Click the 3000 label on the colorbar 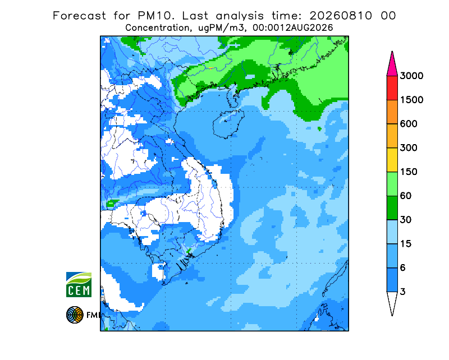tap(411, 76)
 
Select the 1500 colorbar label tap(411, 100)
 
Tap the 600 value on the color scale tap(409, 124)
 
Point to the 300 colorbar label tap(409, 148)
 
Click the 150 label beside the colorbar tap(409, 172)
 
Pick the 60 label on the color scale tap(406, 196)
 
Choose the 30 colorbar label tap(406, 220)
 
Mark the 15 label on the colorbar tap(406, 244)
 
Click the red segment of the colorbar tap(392, 88)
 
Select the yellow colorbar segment tap(392, 160)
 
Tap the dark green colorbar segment tap(392, 208)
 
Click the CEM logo tap(79, 284)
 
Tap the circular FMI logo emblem tap(75, 315)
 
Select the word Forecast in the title tap(79, 16)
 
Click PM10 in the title tap(155, 16)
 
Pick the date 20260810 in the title tap(341, 16)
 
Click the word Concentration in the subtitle tap(158, 28)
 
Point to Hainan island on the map tap(228, 123)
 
